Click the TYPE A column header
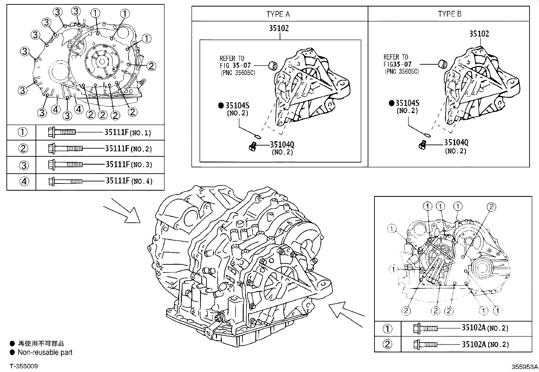point(278,14)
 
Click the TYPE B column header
point(449,14)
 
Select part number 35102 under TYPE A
point(279,28)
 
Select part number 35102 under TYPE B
point(479,34)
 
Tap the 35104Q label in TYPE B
point(456,143)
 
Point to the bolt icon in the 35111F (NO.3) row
point(66,165)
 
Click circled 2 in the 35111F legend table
point(23,149)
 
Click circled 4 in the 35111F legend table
point(23,181)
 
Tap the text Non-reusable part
point(45,352)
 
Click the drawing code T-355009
point(24,366)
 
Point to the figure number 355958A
point(524,367)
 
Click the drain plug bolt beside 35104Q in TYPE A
point(252,146)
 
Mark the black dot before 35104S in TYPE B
point(391,103)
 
